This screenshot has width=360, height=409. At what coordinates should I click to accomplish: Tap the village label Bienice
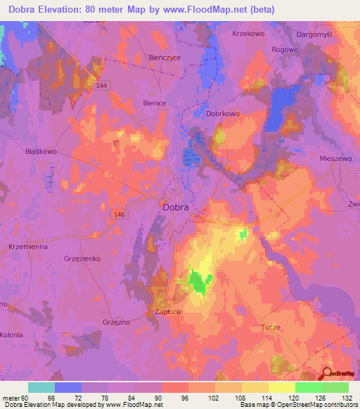click(154, 103)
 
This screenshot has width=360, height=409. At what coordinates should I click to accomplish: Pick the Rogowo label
click(286, 49)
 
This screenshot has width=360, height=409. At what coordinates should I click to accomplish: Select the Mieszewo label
click(335, 159)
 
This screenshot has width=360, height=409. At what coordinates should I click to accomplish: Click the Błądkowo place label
click(41, 151)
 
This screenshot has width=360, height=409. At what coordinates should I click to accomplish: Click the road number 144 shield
click(103, 85)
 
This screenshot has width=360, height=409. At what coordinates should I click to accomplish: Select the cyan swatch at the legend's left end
click(41, 387)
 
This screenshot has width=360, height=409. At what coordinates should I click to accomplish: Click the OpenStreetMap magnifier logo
click(328, 374)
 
